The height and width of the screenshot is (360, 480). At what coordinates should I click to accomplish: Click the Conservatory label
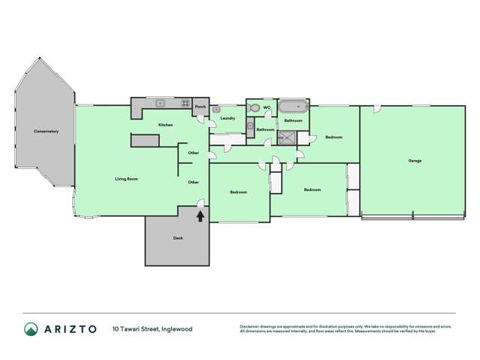[x=46, y=132]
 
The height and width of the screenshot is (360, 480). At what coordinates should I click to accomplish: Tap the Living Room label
[x=126, y=179]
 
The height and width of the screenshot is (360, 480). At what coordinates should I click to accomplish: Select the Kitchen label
[x=165, y=125]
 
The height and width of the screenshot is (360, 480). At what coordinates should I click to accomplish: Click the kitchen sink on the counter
[x=160, y=103]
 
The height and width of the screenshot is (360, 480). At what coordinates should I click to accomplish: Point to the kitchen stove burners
[x=185, y=103]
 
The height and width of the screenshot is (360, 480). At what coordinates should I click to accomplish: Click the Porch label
[x=200, y=107]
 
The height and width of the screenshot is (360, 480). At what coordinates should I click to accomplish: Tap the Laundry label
[x=228, y=118]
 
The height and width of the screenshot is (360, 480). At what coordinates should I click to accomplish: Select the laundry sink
[x=216, y=110]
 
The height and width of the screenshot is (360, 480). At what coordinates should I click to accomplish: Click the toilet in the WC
[x=254, y=109]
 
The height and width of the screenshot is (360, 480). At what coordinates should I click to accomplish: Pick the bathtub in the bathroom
[x=293, y=107]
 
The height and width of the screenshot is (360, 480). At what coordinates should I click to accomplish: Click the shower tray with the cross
[x=287, y=137]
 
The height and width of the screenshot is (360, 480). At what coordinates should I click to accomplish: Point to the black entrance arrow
[x=200, y=216]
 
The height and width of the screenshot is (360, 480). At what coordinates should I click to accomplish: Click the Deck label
[x=178, y=238]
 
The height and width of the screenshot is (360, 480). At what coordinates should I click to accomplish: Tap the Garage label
[x=415, y=161]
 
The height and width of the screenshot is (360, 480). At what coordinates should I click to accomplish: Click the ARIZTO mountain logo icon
[x=31, y=329]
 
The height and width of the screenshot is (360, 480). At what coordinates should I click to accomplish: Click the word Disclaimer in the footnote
[x=251, y=326]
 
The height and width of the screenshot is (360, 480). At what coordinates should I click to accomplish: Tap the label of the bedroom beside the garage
[x=334, y=137]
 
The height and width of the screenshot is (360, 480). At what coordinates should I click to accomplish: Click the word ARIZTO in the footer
[x=70, y=329]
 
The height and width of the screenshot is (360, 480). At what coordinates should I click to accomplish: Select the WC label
[x=267, y=108]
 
